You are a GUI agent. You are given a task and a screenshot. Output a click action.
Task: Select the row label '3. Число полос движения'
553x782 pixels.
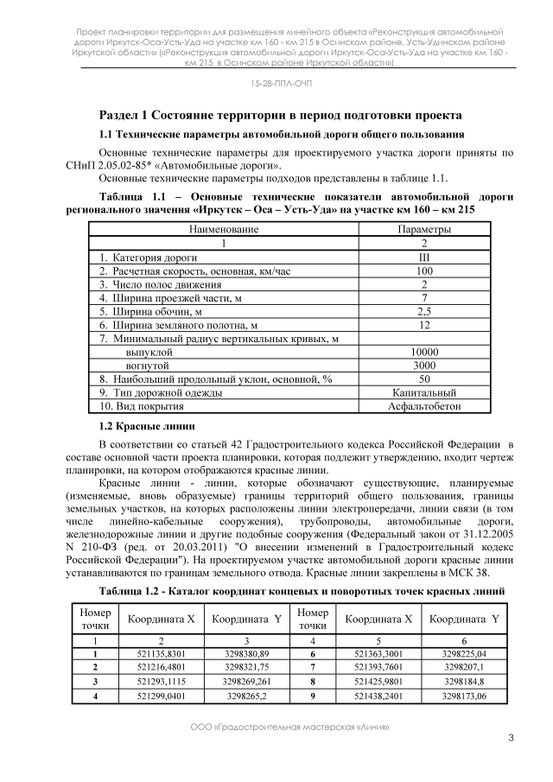(x=156, y=284)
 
